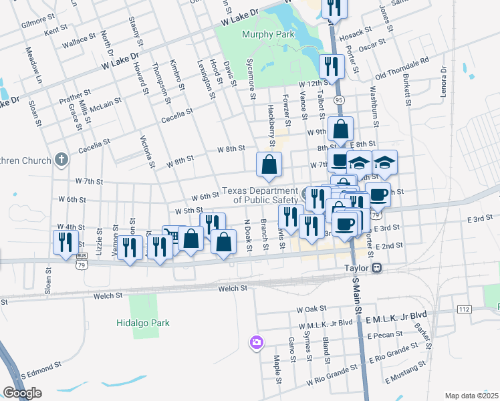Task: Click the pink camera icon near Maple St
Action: tap(256, 343)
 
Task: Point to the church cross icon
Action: tap(61, 160)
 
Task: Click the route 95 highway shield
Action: tap(340, 100)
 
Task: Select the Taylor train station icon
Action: tap(377, 267)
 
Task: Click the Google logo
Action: tap(22, 392)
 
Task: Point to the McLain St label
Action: tap(106, 104)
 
